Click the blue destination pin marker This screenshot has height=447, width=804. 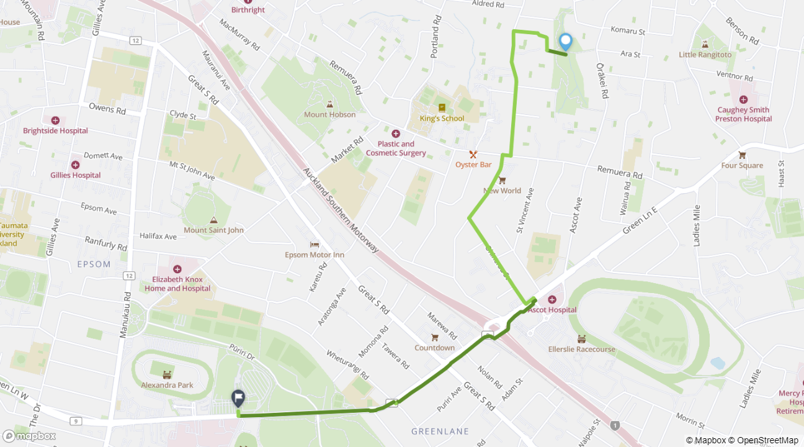(x=565, y=42)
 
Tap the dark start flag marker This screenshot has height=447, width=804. (x=238, y=398)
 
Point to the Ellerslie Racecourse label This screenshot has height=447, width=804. (x=581, y=349)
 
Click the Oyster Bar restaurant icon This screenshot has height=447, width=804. (x=473, y=154)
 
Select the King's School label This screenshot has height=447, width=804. (x=442, y=119)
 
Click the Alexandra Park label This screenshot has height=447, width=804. (x=167, y=385)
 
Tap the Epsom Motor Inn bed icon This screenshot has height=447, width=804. (x=314, y=245)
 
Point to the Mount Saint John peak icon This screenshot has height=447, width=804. (x=213, y=220)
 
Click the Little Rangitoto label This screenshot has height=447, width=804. (x=705, y=55)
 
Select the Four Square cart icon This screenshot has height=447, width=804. (x=742, y=155)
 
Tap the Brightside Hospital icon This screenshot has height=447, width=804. (x=55, y=120)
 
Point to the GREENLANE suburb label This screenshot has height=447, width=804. (x=440, y=431)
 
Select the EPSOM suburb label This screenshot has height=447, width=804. (x=94, y=264)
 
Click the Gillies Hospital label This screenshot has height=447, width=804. (x=75, y=175)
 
